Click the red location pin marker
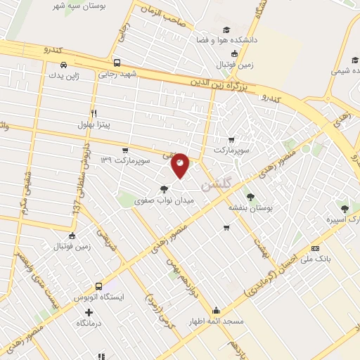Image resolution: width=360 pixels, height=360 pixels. pos(180,165)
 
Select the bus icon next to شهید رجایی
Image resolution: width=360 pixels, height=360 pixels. pos(117,62)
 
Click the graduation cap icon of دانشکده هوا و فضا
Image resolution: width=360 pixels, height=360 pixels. pos(226,30)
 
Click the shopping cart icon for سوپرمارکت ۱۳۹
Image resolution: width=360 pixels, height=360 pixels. pos(125,150)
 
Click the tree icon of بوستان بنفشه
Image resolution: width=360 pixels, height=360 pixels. pos(250,196)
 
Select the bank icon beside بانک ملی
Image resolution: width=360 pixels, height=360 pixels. pos(315,248)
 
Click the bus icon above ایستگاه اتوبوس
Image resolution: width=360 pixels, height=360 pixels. pos(98,286)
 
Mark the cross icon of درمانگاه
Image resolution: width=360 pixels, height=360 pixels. pos(89,311)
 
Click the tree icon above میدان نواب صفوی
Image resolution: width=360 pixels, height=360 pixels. pos(164,188)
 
